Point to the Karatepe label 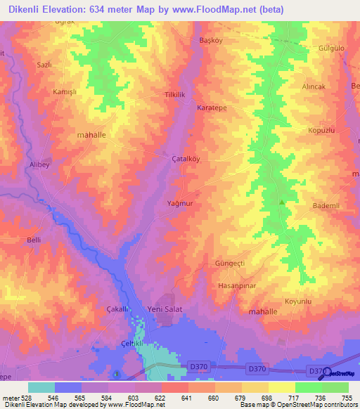(212, 109)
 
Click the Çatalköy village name (186, 159)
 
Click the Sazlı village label (45, 65)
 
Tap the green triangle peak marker (282, 202)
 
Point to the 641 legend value (187, 398)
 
